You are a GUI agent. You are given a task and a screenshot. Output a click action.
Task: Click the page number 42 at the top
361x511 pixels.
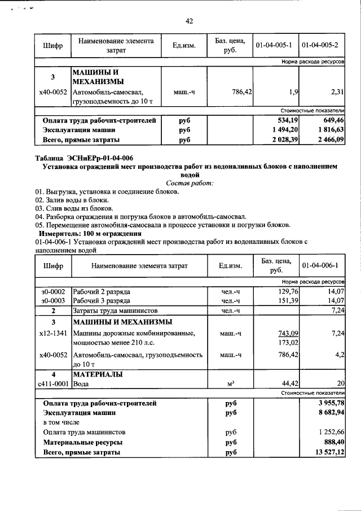(x=189, y=21)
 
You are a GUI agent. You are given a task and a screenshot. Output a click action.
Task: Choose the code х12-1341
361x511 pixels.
(x=53, y=334)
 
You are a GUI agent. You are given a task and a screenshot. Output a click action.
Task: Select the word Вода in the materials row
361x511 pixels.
(x=82, y=383)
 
